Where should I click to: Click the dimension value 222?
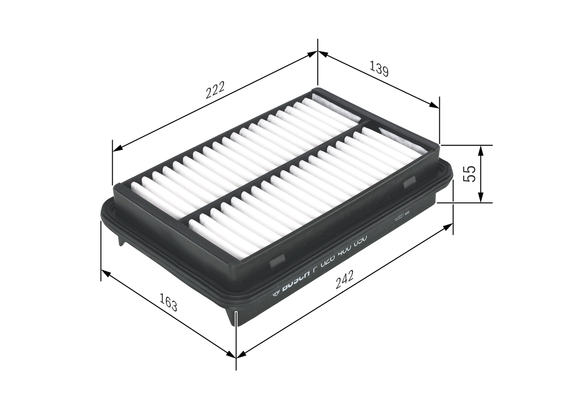pyautogui.click(x=215, y=91)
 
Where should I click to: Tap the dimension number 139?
pyautogui.click(x=379, y=69)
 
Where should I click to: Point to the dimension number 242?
pyautogui.click(x=345, y=279)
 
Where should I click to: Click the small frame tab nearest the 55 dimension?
pyautogui.click(x=409, y=183)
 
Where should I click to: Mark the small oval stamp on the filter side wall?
pyautogui.click(x=398, y=218)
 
